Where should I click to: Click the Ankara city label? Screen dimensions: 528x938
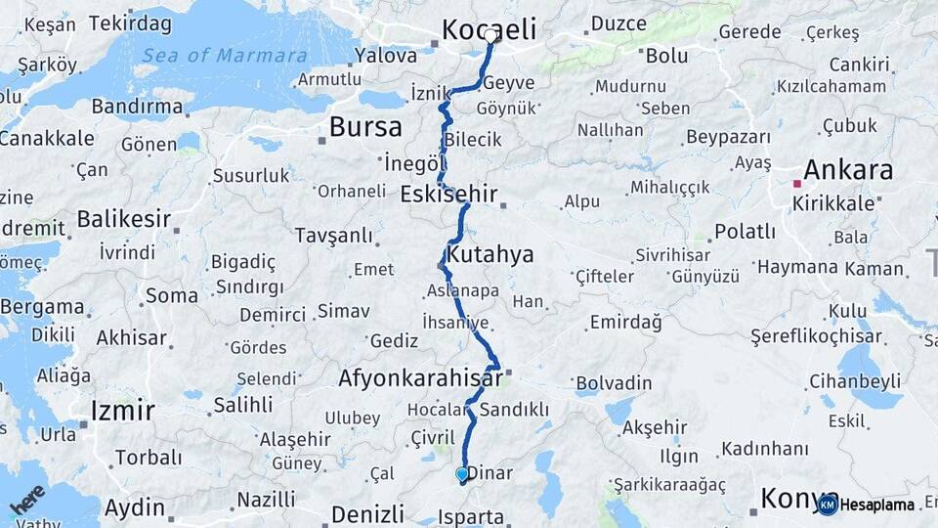pos(847,170)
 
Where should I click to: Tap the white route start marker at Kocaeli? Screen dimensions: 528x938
pos(490,34)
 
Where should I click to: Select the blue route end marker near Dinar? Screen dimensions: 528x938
pos(462,474)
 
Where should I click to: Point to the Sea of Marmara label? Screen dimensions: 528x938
pos(224,56)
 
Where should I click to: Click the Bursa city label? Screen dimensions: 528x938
pos(365,127)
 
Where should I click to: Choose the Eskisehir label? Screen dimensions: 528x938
pos(448,194)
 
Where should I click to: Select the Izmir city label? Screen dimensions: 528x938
pos(122,410)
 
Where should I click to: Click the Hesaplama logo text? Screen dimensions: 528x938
pos(877,505)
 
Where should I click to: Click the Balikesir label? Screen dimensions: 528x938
pos(124,218)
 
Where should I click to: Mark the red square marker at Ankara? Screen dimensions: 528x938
pos(797,183)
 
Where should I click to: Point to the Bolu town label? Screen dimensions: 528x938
pos(666,56)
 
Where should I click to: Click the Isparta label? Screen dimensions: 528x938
pos(472,517)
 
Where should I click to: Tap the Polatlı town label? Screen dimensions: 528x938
pos(745,232)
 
